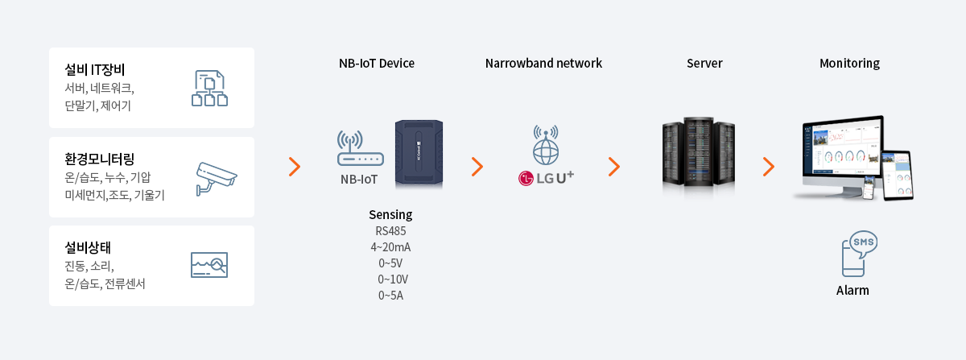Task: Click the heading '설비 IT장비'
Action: coord(94,69)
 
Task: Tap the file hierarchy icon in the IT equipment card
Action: coord(209,88)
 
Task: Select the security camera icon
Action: coord(216,178)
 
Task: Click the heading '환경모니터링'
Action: coord(100,159)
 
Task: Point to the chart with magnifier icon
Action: coord(209,265)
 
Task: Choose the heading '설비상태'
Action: coord(88,247)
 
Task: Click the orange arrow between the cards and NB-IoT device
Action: coord(295,167)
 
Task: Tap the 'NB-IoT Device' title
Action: coord(377,64)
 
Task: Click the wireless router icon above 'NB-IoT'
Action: coord(361,148)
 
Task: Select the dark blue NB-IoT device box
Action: coord(419,154)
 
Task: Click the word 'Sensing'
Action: coord(390,214)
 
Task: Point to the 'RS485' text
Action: coord(390,231)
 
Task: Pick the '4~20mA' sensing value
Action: coord(390,247)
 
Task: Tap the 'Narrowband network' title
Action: coord(543,64)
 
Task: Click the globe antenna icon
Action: coord(546,145)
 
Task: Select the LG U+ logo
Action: coord(546,178)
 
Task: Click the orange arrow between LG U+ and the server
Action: coord(614,167)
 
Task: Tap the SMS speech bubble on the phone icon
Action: coord(863,243)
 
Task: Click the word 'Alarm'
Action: coord(852,291)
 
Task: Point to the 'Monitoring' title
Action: coord(849,64)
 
